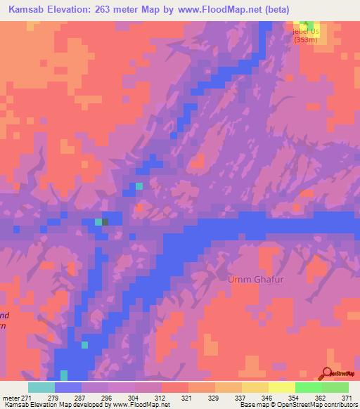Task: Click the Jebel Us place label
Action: [306, 31]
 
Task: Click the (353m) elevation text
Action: [306, 40]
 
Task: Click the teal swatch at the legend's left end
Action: [41, 387]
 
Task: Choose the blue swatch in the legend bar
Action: [67, 387]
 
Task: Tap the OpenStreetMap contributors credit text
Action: [320, 405]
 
